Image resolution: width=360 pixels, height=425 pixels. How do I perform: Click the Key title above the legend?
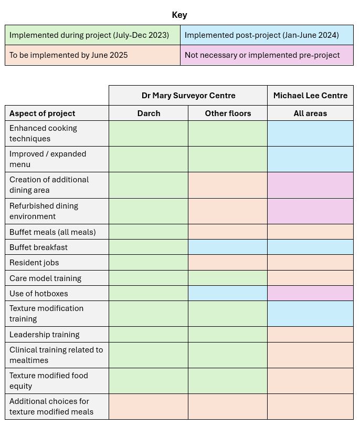pos(179,15)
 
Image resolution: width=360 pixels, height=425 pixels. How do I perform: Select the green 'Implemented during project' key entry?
pos(92,35)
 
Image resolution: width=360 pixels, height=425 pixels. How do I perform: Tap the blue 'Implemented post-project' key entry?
pos(266,35)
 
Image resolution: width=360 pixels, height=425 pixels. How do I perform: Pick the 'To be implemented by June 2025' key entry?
pos(92,55)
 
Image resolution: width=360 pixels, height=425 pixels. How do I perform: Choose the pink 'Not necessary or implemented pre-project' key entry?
pos(266,55)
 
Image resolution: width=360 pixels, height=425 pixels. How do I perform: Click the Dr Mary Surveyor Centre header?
pos(188,96)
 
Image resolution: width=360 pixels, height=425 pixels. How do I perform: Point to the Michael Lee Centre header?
pos(310,96)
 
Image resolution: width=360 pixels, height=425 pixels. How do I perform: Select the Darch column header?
pos(149,113)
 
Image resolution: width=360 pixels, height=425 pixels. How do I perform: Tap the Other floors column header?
pos(228,113)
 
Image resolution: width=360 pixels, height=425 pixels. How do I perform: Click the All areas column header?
pos(310,113)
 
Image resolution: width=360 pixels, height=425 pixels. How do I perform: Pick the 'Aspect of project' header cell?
pos(43,113)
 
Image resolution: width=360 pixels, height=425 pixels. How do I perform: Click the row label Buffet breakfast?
pos(38,247)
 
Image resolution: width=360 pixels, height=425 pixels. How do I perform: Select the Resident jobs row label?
pos(34,263)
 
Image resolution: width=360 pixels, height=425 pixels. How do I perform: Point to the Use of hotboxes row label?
pos(39,293)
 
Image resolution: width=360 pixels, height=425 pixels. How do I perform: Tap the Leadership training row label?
pos(45,334)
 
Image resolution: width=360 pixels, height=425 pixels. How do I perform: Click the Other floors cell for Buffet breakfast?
pos(228,247)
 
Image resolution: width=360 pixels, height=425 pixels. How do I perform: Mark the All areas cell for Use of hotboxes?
pos(310,293)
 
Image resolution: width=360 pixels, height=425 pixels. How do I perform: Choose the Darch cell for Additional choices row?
pos(149,407)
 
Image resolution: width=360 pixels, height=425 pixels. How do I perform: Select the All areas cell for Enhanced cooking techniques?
pos(310,133)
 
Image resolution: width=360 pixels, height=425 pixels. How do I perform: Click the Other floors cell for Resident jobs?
pos(228,263)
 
